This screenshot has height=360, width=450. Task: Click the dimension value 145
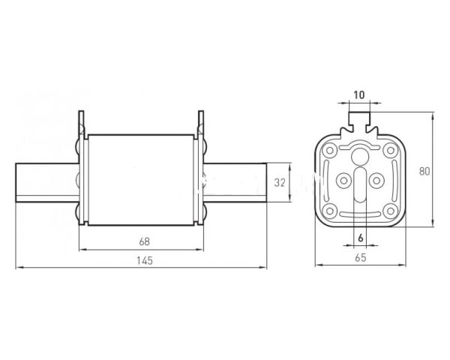click(144, 261)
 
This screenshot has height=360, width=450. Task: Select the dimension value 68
click(144, 241)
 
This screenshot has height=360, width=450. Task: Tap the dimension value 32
click(280, 182)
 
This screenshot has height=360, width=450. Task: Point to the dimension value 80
click(424, 171)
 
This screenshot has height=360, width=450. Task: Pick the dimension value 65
click(361, 257)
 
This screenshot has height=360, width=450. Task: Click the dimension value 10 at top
click(358, 94)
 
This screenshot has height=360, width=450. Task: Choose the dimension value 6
click(361, 238)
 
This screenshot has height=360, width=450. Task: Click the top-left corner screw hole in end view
click(329, 150)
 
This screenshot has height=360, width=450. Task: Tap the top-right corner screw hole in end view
click(390, 150)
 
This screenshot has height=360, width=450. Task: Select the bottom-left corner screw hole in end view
click(329, 211)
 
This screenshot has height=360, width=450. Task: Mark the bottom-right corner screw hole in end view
click(390, 211)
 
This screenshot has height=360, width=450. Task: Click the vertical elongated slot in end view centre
click(360, 185)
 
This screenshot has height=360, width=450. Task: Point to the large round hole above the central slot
click(359, 156)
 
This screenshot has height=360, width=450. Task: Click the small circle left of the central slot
click(343, 181)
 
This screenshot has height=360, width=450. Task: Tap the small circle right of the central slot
click(376, 181)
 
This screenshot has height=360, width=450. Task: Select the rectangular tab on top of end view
click(359, 118)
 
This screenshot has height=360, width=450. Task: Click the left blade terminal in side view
click(47, 182)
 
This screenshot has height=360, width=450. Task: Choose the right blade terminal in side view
click(235, 182)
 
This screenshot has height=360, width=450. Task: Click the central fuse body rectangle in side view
click(141, 180)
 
